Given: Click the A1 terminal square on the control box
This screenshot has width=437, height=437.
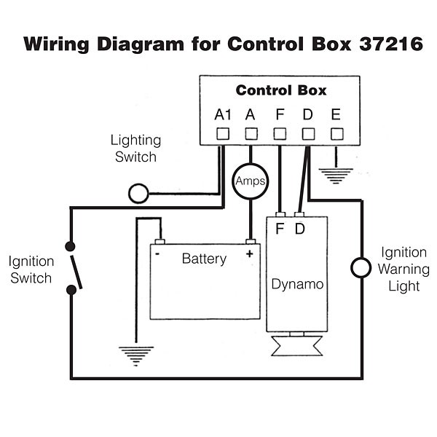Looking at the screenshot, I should [x=223, y=133].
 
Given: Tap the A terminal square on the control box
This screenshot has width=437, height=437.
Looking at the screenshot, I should [x=251, y=133].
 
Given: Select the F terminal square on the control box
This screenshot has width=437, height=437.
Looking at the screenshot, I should [x=280, y=133].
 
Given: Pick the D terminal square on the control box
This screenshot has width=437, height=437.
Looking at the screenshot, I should [x=309, y=133].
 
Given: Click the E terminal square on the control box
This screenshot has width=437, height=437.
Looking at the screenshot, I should [x=337, y=133].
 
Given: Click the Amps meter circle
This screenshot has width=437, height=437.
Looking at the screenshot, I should [x=251, y=181].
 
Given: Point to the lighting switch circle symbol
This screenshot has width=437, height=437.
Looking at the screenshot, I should [x=138, y=193].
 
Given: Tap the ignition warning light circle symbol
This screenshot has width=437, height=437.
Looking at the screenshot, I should [x=361, y=267].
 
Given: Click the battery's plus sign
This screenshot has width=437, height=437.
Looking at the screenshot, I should [x=250, y=253].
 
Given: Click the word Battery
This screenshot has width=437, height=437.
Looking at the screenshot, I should [x=204, y=259].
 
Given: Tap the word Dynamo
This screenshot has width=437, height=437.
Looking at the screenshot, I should [x=297, y=283].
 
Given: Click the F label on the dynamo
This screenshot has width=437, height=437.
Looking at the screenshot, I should [x=280, y=229].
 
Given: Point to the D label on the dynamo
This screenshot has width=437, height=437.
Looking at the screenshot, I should [x=299, y=229].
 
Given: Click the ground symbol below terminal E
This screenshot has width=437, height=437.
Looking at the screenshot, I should [x=337, y=174].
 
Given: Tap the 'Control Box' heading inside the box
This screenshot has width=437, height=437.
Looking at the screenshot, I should [x=280, y=91].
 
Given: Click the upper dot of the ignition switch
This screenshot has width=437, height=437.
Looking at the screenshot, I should [x=71, y=246].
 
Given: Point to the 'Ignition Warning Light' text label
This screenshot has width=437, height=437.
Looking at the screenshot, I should [x=403, y=269].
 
